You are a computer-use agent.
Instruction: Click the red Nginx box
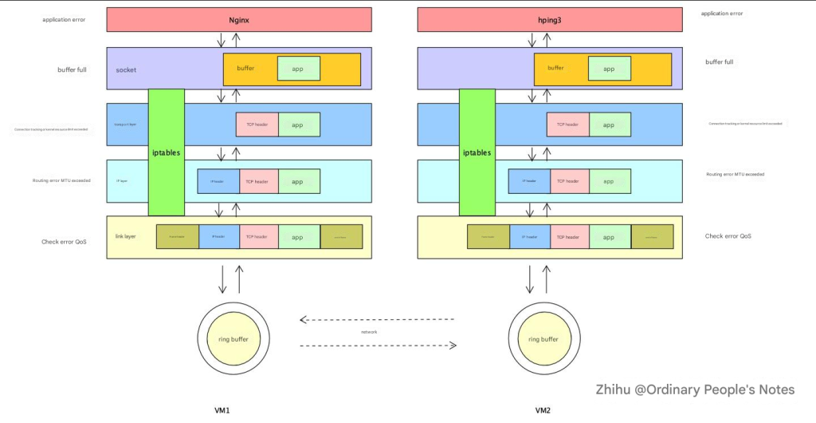(239, 19)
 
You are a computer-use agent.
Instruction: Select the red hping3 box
(550, 19)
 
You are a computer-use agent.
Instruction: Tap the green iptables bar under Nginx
(166, 152)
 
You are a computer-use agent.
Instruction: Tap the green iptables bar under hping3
(477, 152)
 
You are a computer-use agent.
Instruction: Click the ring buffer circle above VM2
(544, 339)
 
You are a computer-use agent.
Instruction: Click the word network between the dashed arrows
(369, 332)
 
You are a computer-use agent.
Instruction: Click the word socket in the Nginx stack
(126, 70)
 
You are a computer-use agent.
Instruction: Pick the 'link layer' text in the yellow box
(126, 236)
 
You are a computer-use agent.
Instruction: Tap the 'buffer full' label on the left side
(72, 69)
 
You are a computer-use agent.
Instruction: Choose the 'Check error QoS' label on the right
(729, 236)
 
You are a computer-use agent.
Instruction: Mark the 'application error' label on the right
(722, 14)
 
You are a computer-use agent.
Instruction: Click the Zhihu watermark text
(695, 389)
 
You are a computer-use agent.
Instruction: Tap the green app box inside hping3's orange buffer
(609, 69)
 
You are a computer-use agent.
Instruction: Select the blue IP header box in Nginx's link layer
(218, 237)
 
